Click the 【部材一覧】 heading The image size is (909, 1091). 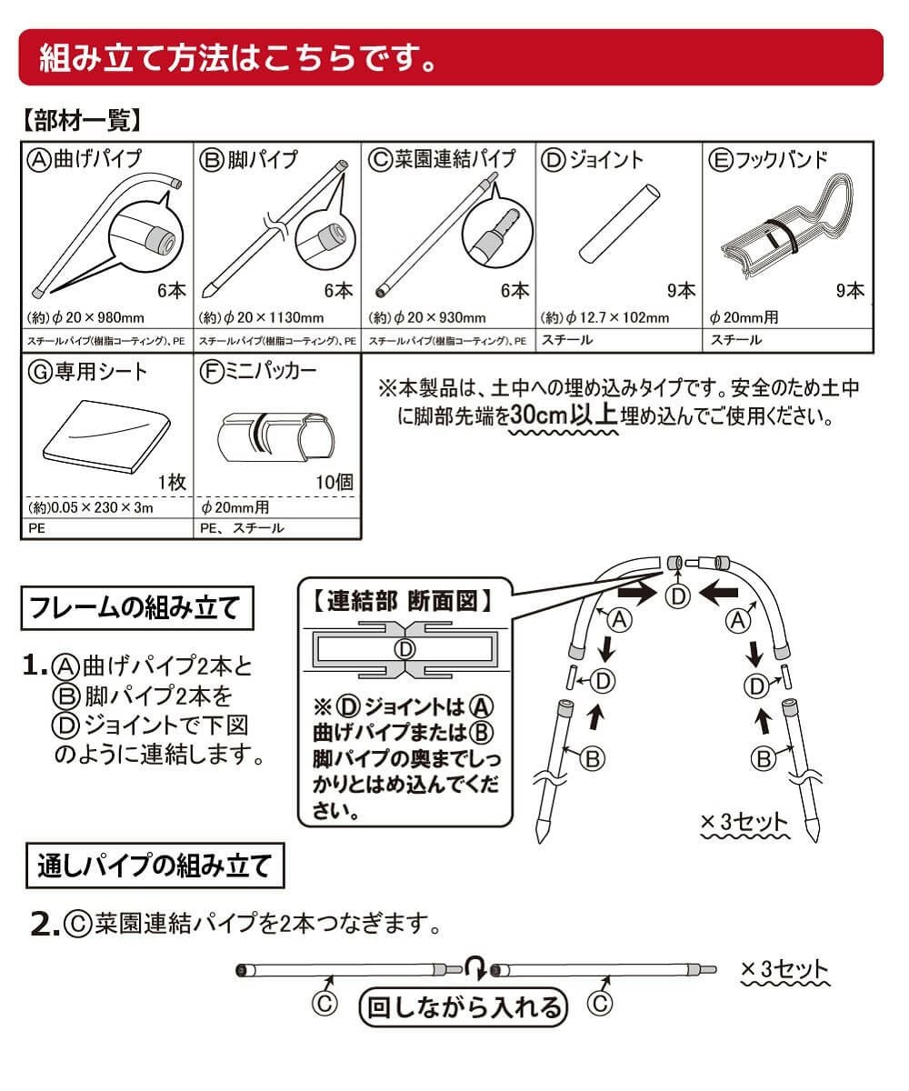point(80,120)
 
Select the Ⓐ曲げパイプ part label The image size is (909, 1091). point(85,159)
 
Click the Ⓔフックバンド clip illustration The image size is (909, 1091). point(786,232)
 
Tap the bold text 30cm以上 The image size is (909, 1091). point(564,415)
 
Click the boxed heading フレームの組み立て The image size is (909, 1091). point(136,607)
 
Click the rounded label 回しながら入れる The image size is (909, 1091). point(463,1006)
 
